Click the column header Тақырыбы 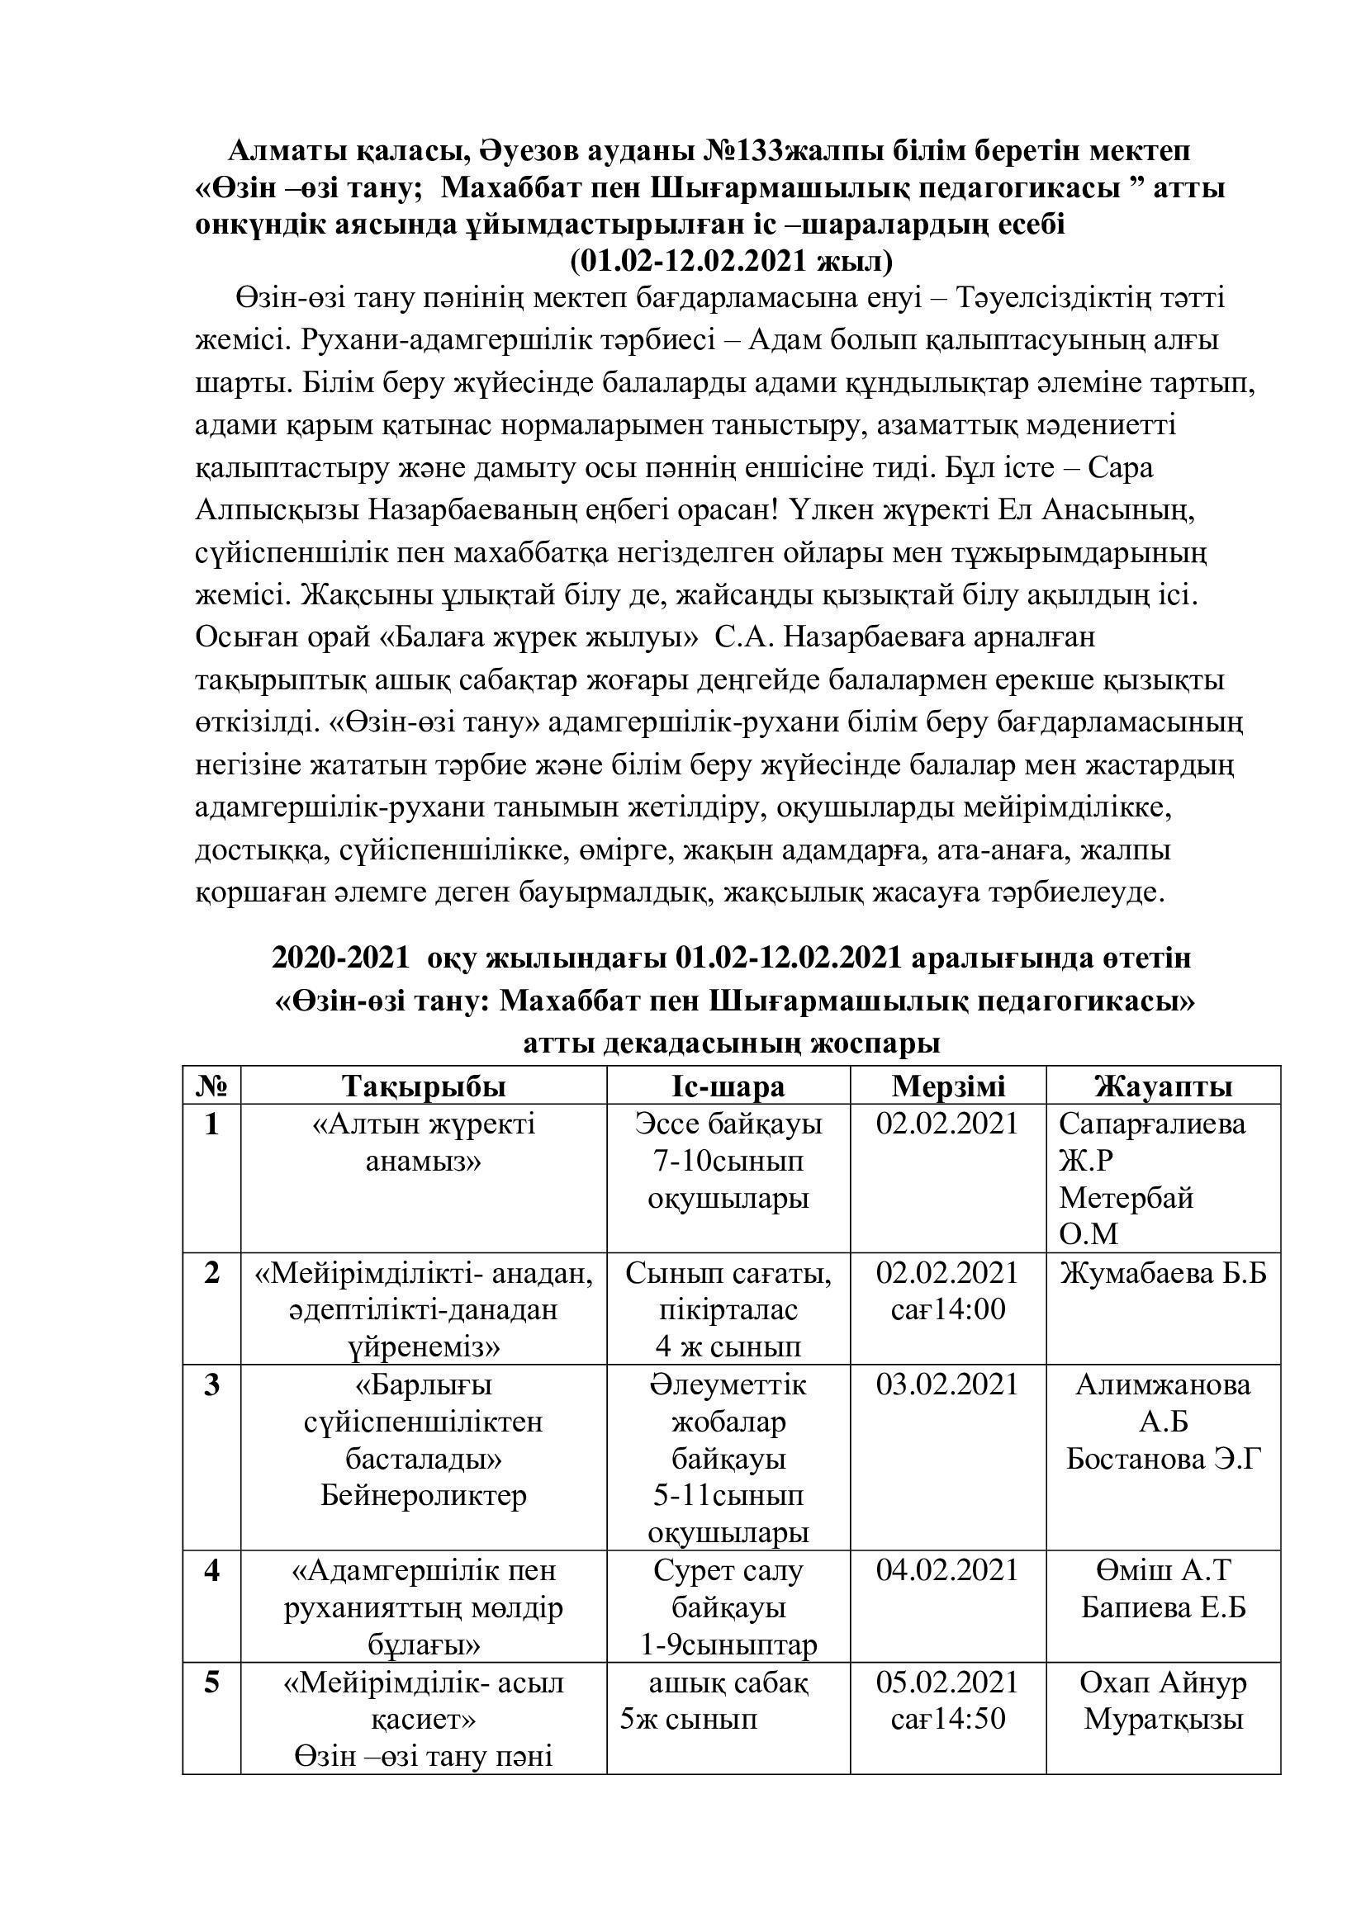[x=423, y=1086]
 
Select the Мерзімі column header [x=948, y=1086]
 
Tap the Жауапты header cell [x=1164, y=1086]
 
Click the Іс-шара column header [x=728, y=1086]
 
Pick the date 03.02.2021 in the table [x=948, y=1384]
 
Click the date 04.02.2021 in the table [x=948, y=1570]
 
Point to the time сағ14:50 [x=948, y=1718]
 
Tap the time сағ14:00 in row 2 [x=948, y=1310]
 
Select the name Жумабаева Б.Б [x=1164, y=1273]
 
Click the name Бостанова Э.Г [x=1164, y=1459]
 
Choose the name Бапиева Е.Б [x=1164, y=1607]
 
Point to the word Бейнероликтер [x=423, y=1496]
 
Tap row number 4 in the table [x=212, y=1570]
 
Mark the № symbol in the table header [x=212, y=1086]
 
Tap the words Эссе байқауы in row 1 [x=728, y=1124]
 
